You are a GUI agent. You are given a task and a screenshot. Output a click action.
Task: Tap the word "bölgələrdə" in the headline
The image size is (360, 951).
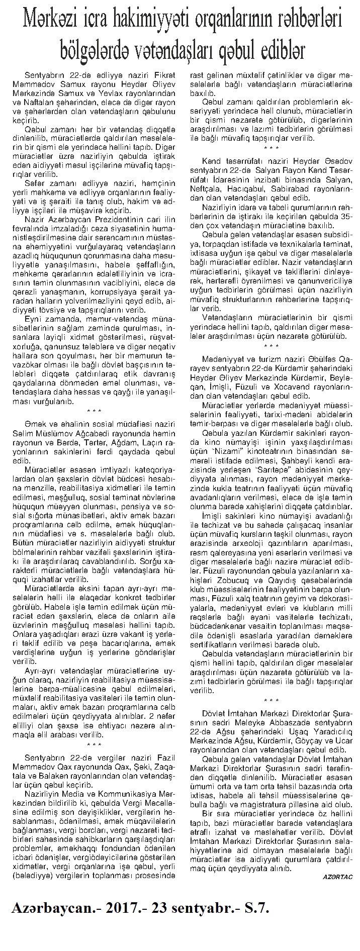coord(95,48)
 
